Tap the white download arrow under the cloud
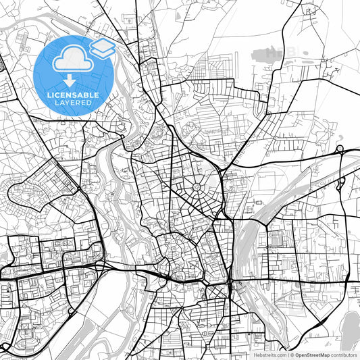[x=69, y=82]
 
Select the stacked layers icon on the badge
[x=102, y=47]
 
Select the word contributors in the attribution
[x=344, y=355]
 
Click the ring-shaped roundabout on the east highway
[x=340, y=149]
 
